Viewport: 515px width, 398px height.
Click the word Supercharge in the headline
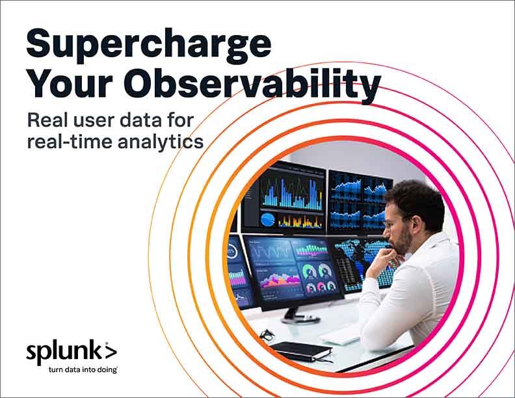tap(148, 44)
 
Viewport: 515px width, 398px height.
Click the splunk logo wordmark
tap(64, 352)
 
